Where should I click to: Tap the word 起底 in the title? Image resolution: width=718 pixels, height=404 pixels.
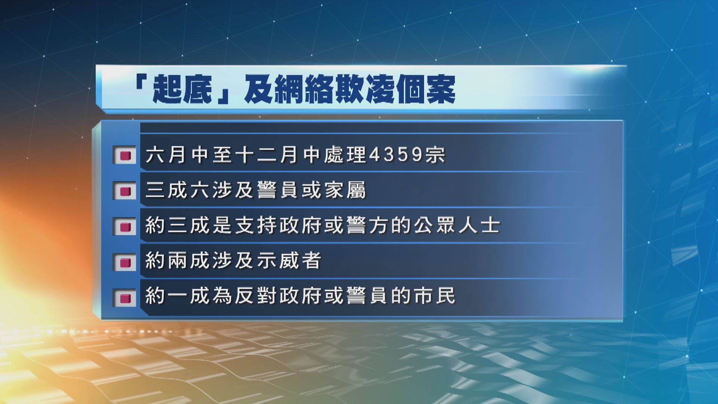point(184,90)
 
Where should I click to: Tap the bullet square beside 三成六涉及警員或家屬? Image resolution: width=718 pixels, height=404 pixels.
point(125,191)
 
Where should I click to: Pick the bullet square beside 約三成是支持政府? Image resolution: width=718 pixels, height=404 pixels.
point(125,227)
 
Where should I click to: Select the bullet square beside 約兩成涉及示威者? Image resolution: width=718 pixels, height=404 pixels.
point(125,262)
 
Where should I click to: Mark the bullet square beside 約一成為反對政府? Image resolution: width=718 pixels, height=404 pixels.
point(125,298)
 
